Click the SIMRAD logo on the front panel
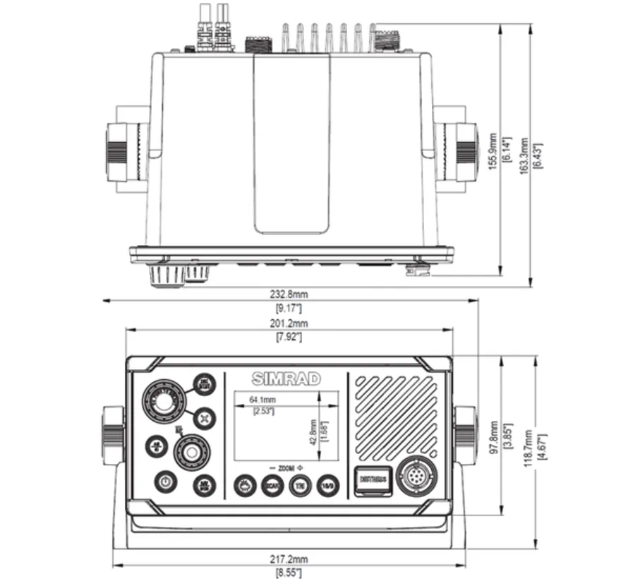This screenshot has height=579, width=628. coord(285,379)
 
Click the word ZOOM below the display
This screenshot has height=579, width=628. coord(284,468)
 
